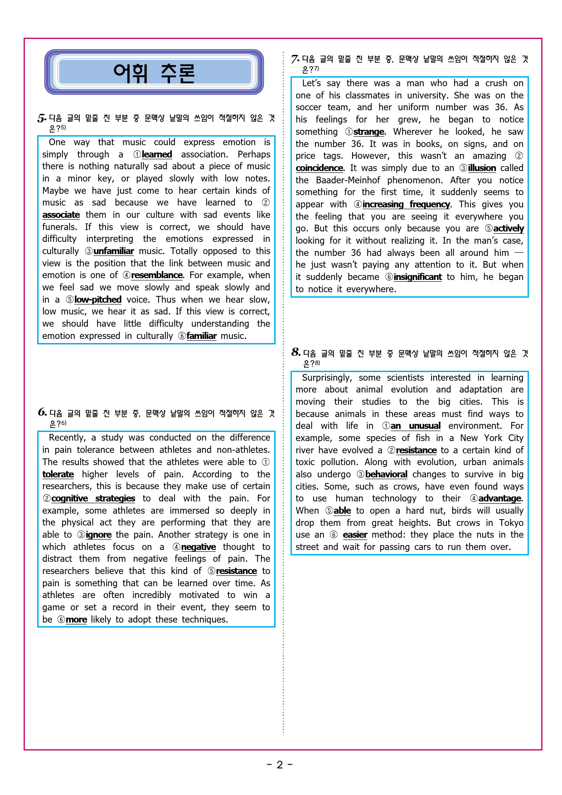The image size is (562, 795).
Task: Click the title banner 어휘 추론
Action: [154, 73]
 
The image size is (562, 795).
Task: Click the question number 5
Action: [42, 118]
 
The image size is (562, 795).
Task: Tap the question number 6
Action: [42, 412]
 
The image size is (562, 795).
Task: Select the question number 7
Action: [295, 59]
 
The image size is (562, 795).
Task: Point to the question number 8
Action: [296, 353]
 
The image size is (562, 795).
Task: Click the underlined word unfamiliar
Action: [113, 251]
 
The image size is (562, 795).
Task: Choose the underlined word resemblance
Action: [157, 275]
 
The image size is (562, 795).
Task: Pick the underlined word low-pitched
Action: [98, 300]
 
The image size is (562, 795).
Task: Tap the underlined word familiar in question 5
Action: [201, 336]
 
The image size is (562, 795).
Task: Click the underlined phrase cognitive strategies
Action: [93, 499]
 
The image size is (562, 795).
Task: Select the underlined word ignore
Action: [98, 535]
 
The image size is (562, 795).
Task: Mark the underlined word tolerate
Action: [58, 475]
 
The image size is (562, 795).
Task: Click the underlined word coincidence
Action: [319, 168]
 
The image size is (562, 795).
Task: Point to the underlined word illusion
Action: [482, 168]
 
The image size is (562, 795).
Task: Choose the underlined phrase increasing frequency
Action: [406, 205]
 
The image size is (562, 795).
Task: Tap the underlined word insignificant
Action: [417, 277]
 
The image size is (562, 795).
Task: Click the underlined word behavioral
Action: [386, 475]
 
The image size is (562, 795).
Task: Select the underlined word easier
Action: [355, 535]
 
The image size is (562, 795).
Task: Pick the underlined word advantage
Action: [499, 499]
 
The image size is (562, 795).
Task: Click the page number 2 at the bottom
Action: [280, 765]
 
